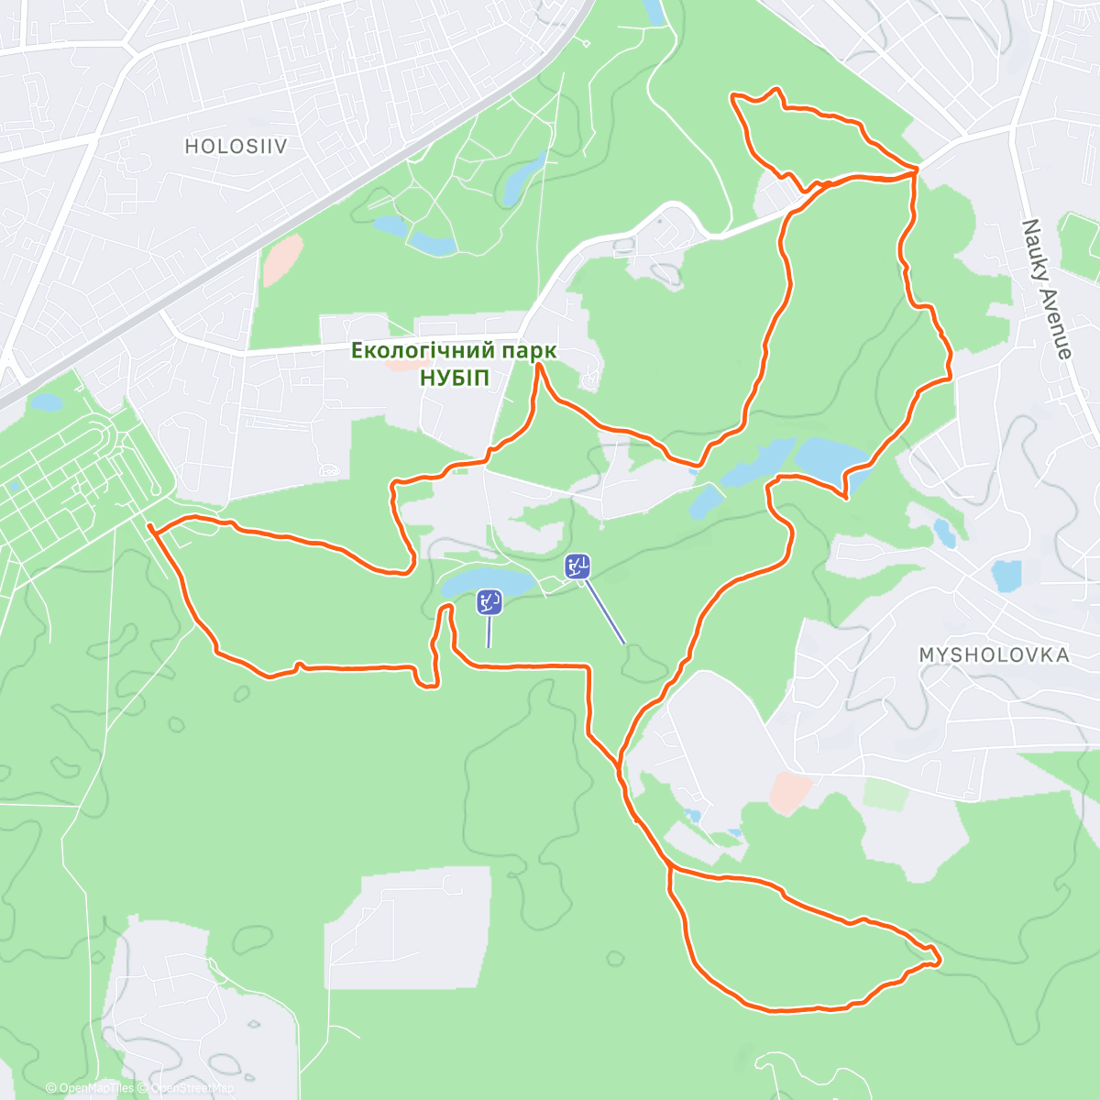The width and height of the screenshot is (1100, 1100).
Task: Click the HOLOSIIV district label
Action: coord(236,146)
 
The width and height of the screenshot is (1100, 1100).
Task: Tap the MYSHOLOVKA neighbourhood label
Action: coord(994,654)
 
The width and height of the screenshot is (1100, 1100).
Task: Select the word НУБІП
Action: coord(454,378)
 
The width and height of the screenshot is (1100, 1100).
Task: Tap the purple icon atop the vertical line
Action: coord(489,602)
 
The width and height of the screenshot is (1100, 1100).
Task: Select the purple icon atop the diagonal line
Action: coord(577,567)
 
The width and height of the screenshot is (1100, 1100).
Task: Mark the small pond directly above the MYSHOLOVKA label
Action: coord(1006,576)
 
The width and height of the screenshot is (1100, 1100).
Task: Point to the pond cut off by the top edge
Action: coord(654,11)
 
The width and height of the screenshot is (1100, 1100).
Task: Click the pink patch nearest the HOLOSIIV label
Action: coord(282,259)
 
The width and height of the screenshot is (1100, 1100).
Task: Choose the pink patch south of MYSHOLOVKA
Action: coord(790,792)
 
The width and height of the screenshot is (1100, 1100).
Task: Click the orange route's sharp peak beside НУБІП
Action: coord(539,364)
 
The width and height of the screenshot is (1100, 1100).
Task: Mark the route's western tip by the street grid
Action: coord(148,526)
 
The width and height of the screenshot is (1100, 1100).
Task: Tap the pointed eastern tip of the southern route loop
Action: coord(940,961)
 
